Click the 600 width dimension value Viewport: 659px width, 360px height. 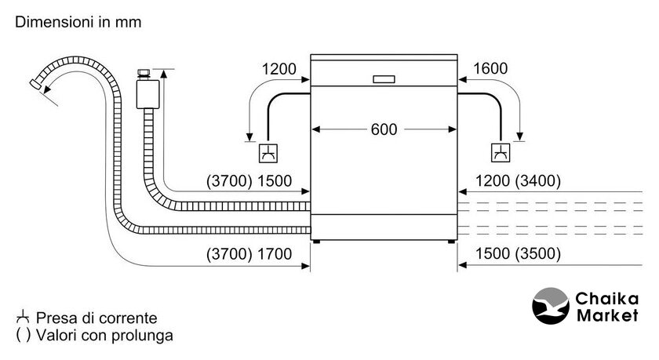click(384, 129)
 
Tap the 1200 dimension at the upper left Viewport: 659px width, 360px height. click(279, 69)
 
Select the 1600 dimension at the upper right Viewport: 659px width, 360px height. click(490, 69)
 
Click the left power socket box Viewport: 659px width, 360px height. click(268, 151)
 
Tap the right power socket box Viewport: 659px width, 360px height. click(499, 151)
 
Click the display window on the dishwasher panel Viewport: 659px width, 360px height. click(384, 78)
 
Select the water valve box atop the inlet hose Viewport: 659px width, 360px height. click(147, 93)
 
